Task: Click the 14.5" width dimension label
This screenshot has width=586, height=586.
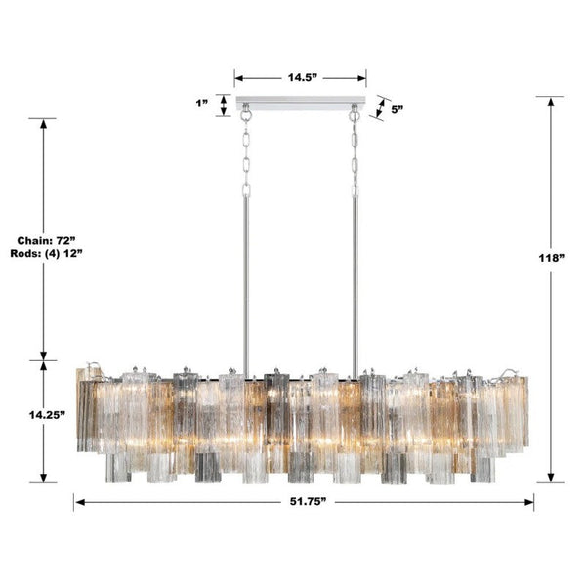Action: [300, 76]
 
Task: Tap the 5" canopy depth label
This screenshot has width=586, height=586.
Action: [398, 110]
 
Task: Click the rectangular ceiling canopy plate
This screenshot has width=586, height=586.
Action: [300, 104]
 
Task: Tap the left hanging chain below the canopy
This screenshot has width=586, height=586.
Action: [246, 156]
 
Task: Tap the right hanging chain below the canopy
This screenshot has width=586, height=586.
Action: [355, 156]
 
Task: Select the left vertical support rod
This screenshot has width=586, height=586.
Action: [246, 283]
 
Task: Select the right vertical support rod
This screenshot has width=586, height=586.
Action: [355, 283]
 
